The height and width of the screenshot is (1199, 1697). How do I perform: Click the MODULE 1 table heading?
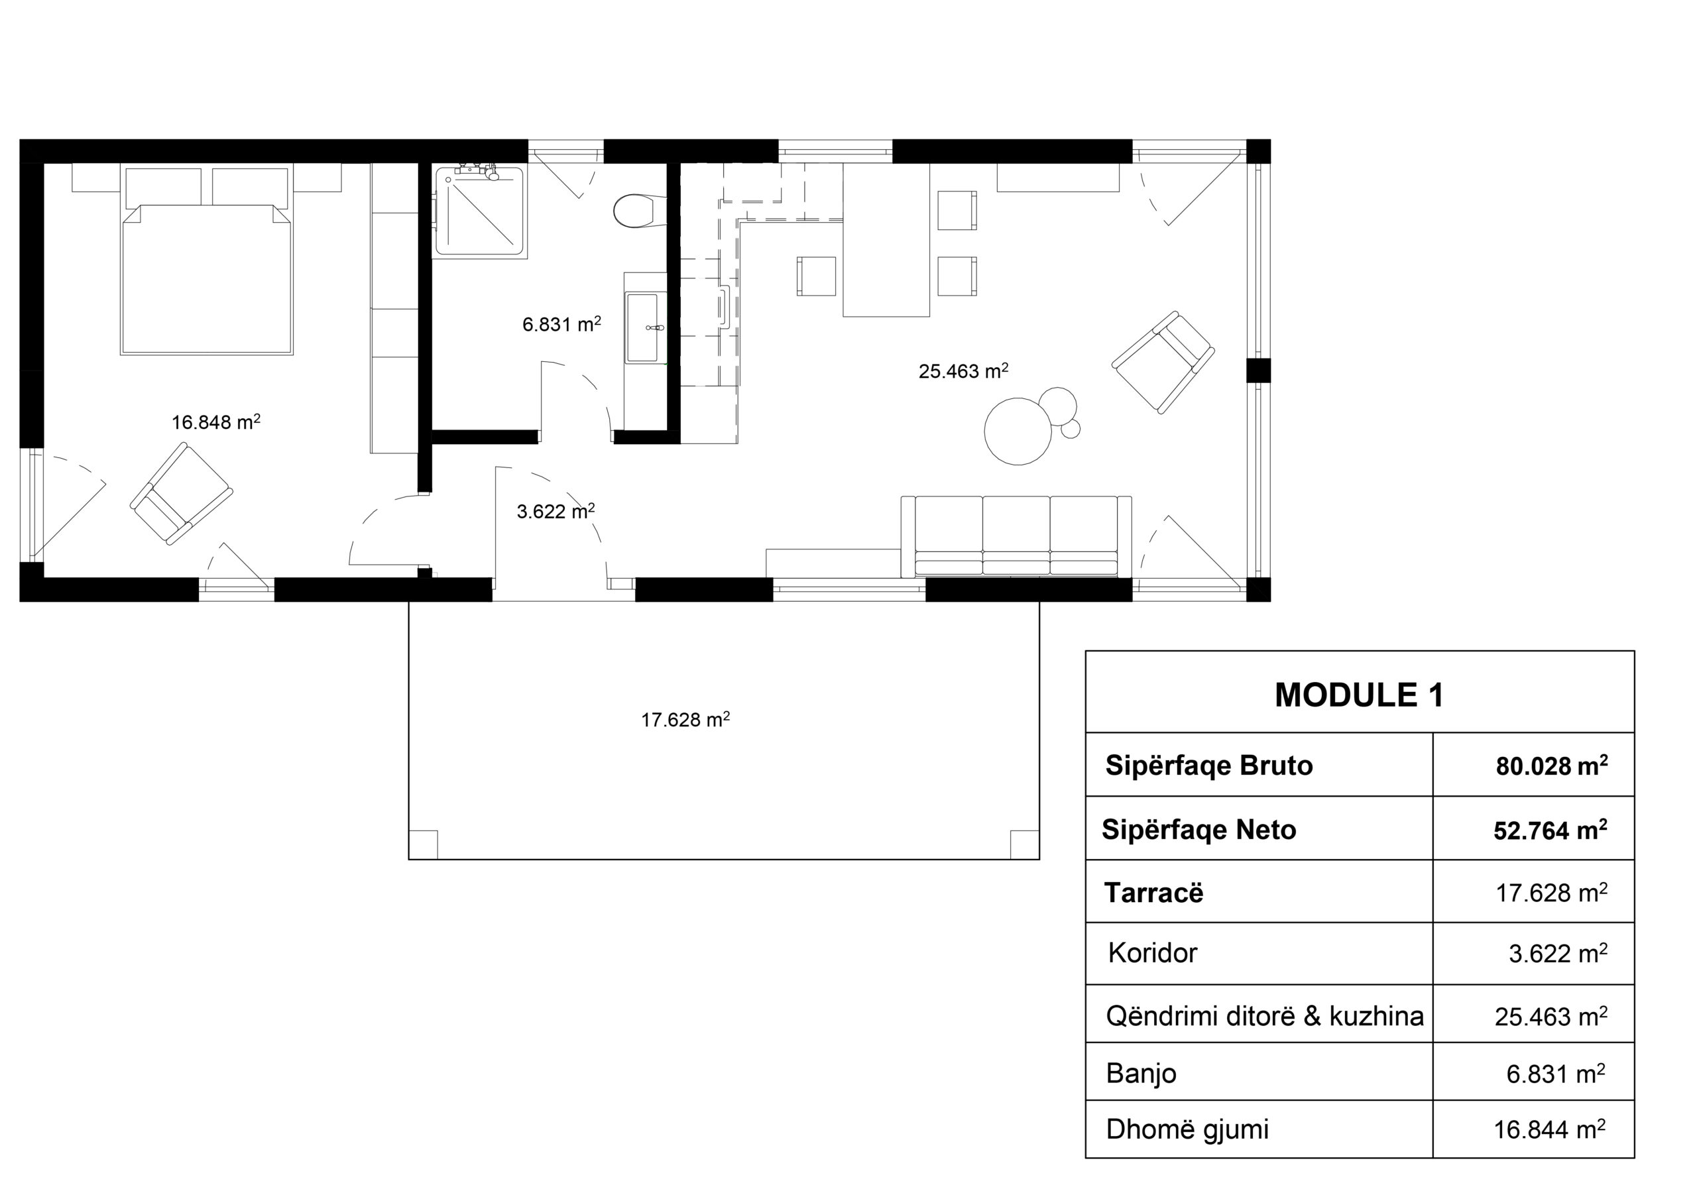coord(1358,695)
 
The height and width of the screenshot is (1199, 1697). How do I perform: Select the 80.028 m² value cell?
coord(1551,765)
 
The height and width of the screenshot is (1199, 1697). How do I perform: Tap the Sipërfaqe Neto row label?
coord(1199,830)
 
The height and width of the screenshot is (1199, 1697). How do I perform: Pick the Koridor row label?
coord(1152,953)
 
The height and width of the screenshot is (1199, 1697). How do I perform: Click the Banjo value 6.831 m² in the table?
coord(1556,1073)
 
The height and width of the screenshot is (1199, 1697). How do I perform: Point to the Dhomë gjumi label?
coord(1187,1129)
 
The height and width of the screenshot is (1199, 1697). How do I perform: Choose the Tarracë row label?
coord(1153,892)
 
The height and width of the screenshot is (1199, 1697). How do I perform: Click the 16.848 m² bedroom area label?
coord(216,422)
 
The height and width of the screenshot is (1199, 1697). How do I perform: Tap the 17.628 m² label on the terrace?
coord(685,719)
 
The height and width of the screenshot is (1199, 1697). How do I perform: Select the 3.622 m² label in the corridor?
coord(556,511)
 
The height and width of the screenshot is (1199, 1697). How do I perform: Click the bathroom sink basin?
coord(642,327)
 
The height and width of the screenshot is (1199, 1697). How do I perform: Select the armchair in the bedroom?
coord(181,493)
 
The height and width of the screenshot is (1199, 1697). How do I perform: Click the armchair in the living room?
coord(1163,362)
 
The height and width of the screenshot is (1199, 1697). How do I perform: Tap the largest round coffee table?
coord(1018,431)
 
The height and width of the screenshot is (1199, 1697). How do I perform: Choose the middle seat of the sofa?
coord(1016,536)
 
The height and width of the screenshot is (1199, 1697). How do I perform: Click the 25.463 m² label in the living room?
coord(963,371)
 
